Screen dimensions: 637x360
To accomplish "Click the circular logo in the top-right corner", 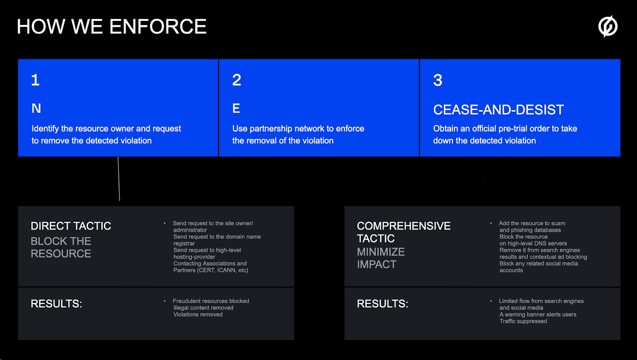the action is (x=608, y=26).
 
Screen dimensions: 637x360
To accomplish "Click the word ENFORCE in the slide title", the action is (x=158, y=27).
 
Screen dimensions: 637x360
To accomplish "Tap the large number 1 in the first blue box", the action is (x=35, y=80).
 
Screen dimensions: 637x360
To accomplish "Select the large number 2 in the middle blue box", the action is (x=237, y=80).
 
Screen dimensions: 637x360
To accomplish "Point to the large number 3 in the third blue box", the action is (x=438, y=80).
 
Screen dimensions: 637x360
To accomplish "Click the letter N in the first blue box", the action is (x=36, y=108).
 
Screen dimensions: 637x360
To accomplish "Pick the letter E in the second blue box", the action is (x=236, y=108).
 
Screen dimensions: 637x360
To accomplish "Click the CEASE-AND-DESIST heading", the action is (x=498, y=110).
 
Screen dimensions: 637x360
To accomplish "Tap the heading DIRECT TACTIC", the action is (x=71, y=226).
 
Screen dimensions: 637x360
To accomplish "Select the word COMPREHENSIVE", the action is (x=404, y=226).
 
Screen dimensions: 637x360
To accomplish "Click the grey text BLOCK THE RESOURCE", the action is (x=61, y=247).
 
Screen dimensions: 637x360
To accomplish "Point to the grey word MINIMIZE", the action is (x=381, y=252).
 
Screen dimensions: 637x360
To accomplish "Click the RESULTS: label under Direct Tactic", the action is (x=56, y=304).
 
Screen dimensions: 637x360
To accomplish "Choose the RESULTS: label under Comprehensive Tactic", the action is (x=382, y=304).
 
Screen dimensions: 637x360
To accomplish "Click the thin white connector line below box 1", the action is (x=119, y=179).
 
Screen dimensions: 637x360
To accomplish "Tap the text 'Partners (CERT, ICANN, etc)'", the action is (x=211, y=270).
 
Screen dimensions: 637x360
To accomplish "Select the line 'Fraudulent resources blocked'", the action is (x=211, y=301).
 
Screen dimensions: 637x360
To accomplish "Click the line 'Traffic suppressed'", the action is (x=523, y=321).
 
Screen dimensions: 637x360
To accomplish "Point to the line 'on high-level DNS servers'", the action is (x=533, y=243).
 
